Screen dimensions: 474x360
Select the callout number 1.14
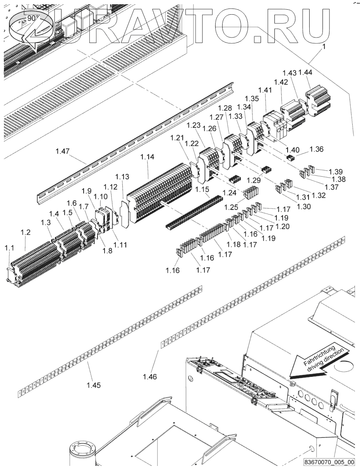tap(147, 157)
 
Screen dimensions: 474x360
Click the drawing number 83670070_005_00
tap(329, 462)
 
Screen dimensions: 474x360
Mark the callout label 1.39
tap(335, 172)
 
